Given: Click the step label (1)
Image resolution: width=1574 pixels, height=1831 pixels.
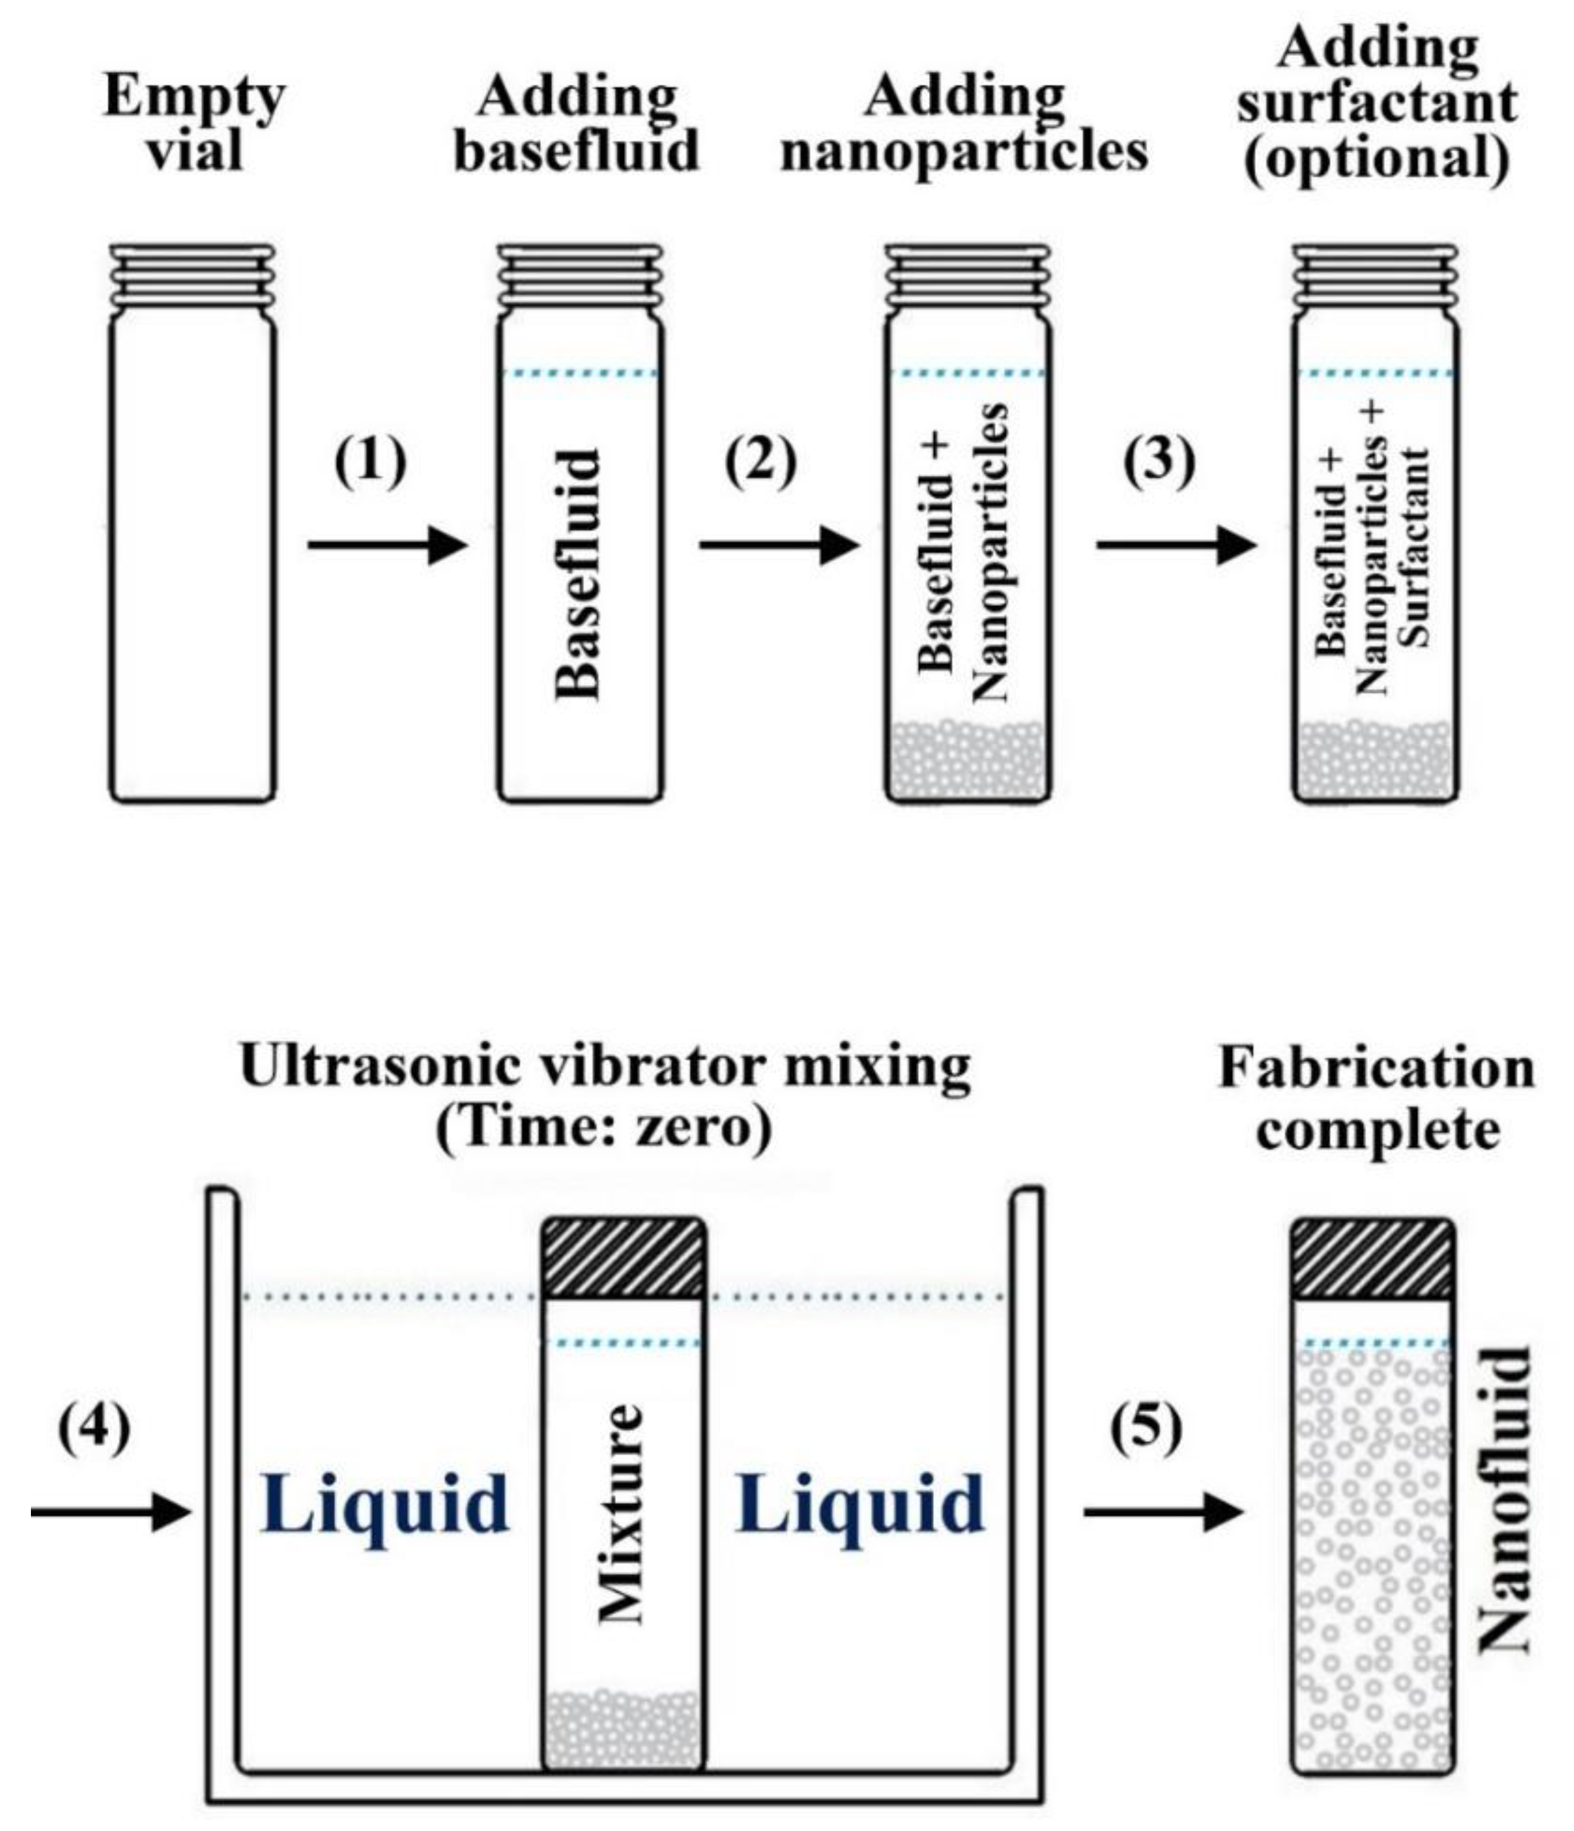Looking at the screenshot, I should point(370,461).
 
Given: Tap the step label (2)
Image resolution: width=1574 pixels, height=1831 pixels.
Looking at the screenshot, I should point(760,461).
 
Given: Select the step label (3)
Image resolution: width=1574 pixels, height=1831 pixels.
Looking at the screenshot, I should point(1158,461).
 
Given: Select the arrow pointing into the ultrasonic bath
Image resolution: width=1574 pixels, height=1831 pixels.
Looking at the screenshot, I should point(111,1512).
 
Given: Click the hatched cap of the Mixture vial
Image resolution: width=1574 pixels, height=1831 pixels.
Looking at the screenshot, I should point(623,1259).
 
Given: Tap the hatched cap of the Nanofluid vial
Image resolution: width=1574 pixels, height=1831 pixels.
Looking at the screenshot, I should point(1372,1259).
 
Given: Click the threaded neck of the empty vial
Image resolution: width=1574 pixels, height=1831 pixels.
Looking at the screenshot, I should point(193,276).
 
